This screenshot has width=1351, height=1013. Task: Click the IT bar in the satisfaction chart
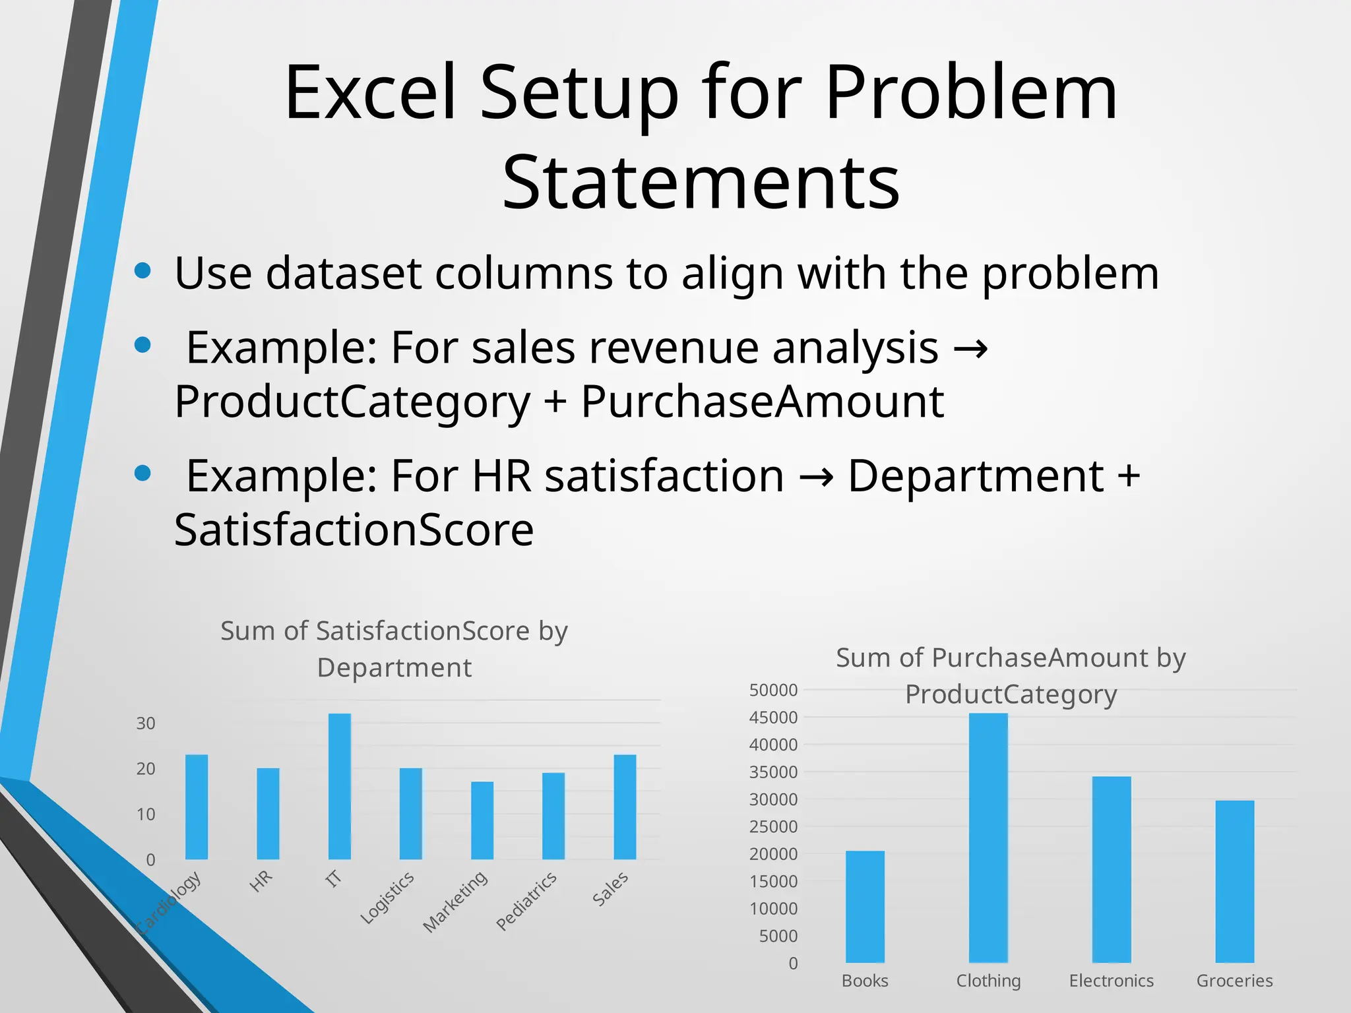click(x=339, y=786)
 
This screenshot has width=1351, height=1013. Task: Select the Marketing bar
click(x=482, y=820)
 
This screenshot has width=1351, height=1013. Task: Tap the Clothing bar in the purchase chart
click(x=988, y=838)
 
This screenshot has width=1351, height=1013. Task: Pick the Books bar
click(x=865, y=906)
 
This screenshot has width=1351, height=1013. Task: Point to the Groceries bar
click(x=1234, y=881)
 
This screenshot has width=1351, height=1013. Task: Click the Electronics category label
click(x=1111, y=981)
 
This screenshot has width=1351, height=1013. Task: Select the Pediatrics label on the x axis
click(x=526, y=900)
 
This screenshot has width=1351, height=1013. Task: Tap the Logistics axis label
click(x=387, y=897)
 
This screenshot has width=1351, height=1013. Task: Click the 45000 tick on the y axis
click(x=773, y=718)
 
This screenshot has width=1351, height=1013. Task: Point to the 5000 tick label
click(x=778, y=936)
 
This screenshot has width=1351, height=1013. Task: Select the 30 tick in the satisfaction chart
click(x=146, y=723)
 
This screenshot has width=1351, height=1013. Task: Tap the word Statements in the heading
click(x=701, y=182)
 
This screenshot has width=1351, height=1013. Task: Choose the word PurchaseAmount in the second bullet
click(x=762, y=402)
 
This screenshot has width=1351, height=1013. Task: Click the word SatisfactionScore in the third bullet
click(x=354, y=530)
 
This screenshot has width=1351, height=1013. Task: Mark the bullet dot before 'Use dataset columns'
click(x=142, y=270)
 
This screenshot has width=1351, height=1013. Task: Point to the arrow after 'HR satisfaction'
click(x=816, y=476)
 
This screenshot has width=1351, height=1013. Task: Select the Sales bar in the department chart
click(x=625, y=807)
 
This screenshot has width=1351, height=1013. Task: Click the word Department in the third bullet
click(x=975, y=476)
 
